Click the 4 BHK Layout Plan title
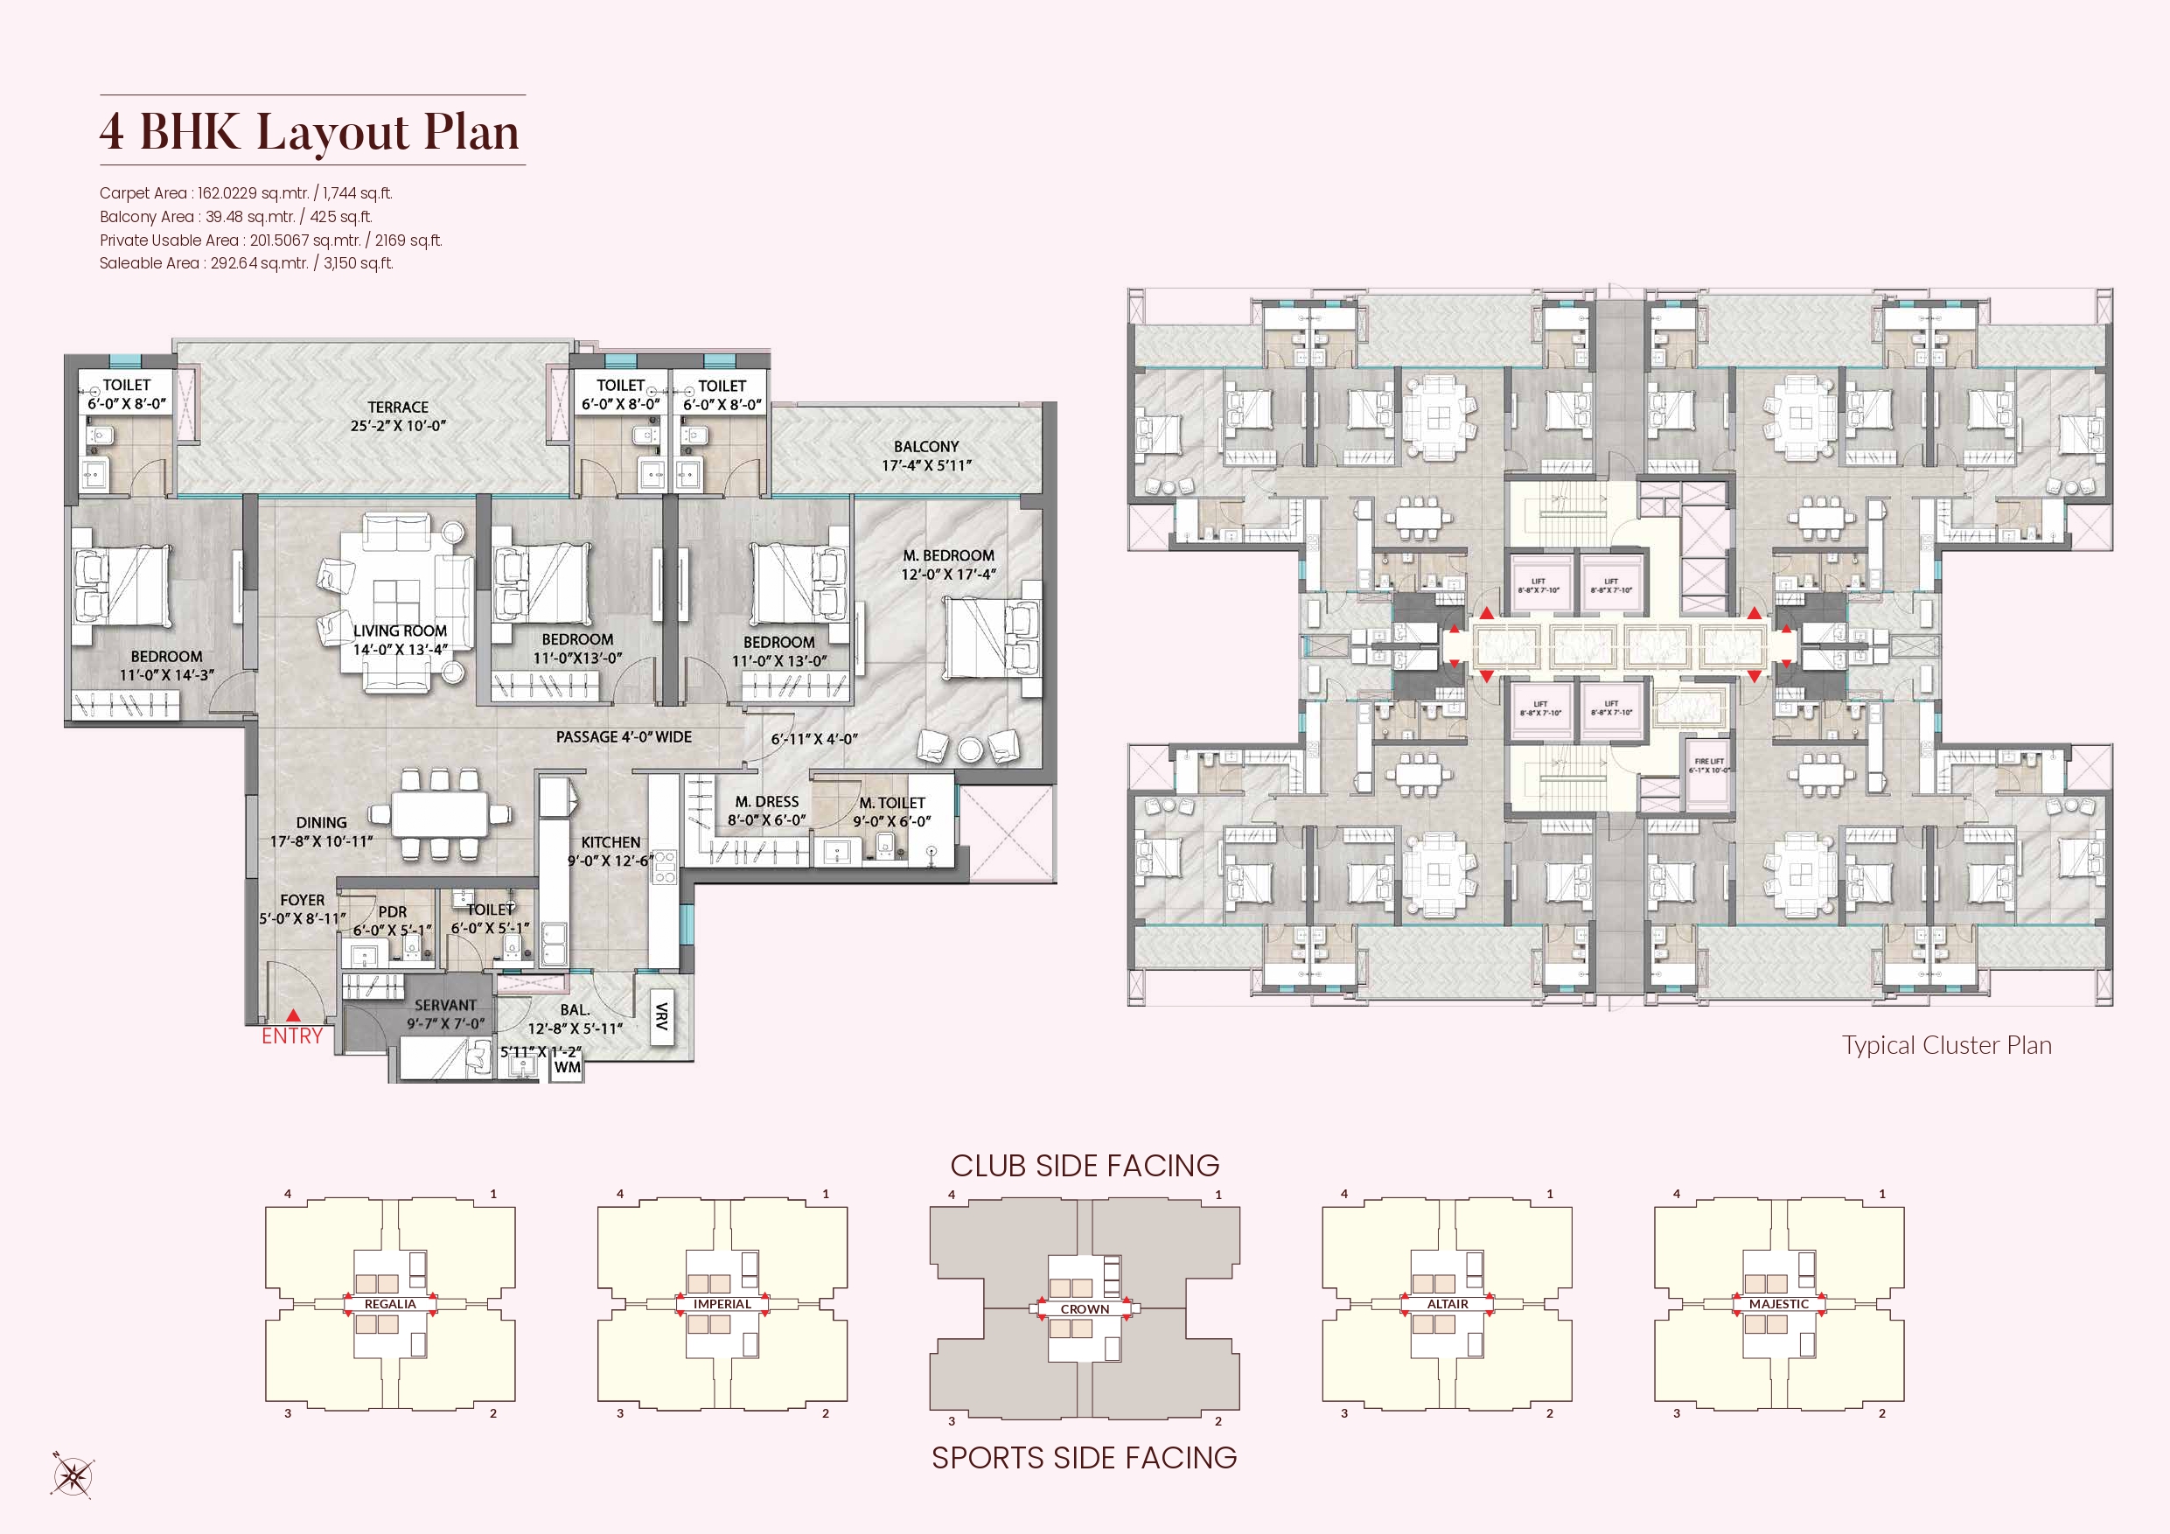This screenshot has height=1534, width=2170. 310,131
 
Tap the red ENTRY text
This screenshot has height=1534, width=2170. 292,1035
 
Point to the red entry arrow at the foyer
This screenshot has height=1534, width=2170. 293,1015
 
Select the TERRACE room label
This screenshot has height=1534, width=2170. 398,408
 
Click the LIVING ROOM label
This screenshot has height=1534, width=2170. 400,631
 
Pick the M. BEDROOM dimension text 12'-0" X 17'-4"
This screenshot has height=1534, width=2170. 948,575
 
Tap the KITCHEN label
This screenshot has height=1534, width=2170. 611,842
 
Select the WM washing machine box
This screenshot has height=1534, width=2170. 567,1067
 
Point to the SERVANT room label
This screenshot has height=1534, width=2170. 445,1006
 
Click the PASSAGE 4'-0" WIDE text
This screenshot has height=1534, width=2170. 624,737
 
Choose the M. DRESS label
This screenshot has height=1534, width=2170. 766,801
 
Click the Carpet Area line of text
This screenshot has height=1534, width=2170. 246,192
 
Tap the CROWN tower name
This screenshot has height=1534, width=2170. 1084,1309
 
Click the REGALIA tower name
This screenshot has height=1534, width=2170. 390,1304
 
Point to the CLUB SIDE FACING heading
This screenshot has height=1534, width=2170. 1084,1166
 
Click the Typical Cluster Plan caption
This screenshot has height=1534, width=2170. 1946,1045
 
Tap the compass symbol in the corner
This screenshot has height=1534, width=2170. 72,1475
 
